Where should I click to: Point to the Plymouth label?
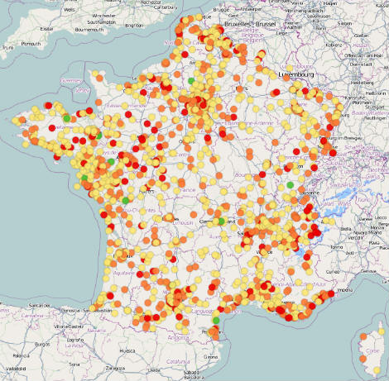(31, 42)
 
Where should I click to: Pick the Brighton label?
(132, 26)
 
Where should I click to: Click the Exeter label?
(48, 29)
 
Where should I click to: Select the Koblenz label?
(333, 45)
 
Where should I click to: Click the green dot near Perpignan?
(216, 320)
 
